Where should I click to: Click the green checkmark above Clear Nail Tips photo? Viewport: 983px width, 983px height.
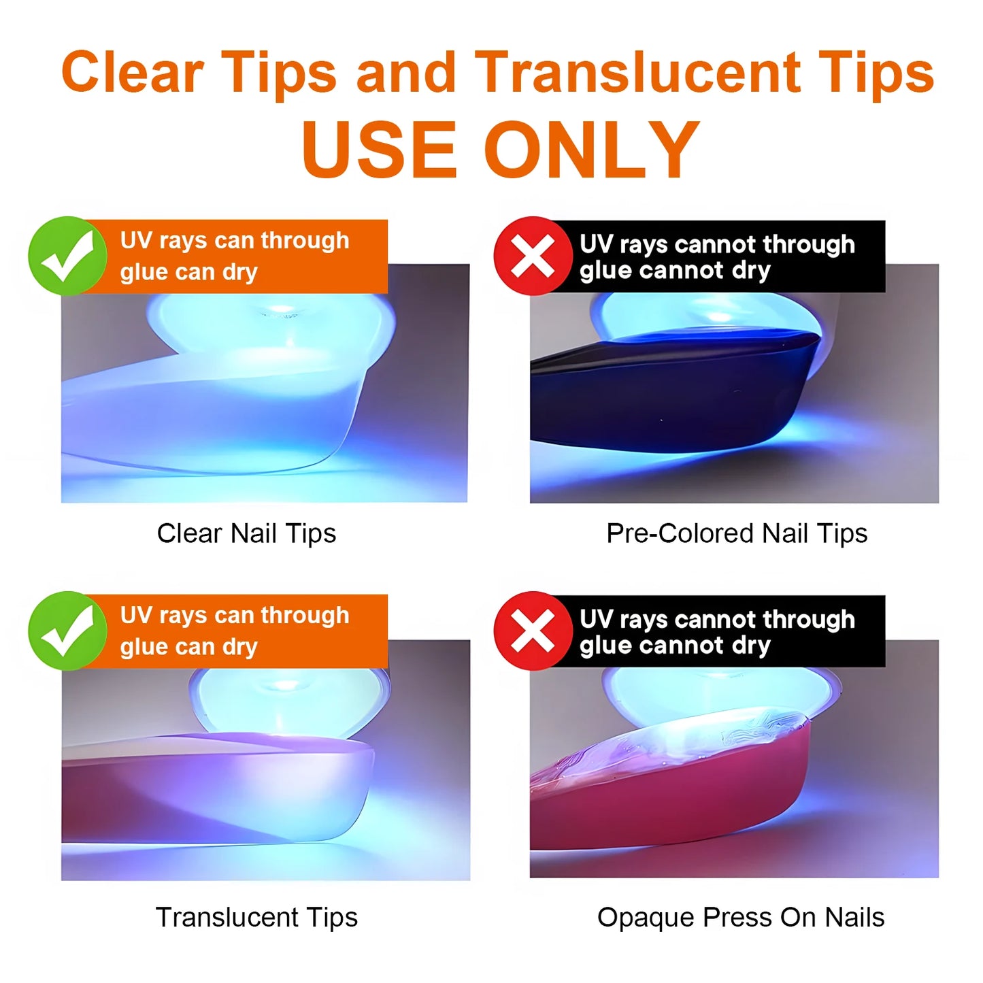[67, 256]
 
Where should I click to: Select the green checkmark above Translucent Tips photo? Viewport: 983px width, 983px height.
[67, 631]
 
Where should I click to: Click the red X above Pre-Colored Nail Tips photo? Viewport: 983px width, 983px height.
[533, 256]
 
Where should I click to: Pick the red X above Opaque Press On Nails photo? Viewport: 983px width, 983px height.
[533, 631]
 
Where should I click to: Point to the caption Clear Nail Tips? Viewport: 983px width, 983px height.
[246, 533]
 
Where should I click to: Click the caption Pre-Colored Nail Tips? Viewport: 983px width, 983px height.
[737, 533]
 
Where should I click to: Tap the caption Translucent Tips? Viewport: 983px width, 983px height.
[256, 917]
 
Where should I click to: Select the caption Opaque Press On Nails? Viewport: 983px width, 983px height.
[741, 917]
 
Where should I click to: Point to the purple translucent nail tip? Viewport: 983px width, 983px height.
[214, 790]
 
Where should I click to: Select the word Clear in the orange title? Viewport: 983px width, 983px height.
[133, 72]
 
